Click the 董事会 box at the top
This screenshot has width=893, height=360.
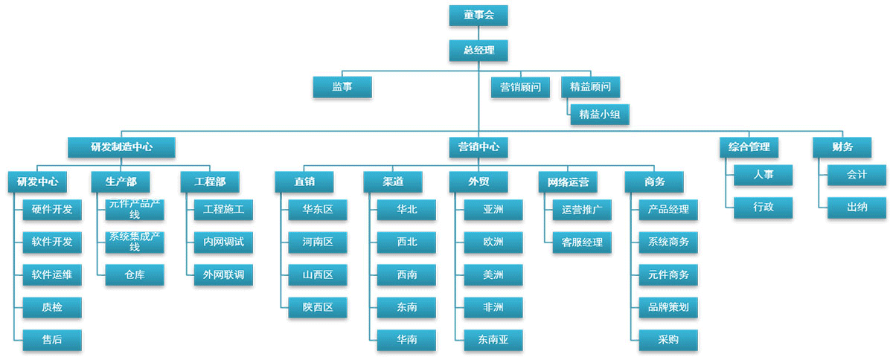(x=478, y=15)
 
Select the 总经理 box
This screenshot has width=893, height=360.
(x=478, y=51)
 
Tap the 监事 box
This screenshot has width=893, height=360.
(x=342, y=87)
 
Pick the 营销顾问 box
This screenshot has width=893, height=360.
(x=520, y=87)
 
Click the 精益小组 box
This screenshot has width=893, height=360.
(x=599, y=114)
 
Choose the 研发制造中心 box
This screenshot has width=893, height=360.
(x=121, y=147)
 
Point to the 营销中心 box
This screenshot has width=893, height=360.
(x=478, y=147)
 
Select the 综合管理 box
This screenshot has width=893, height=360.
(x=749, y=147)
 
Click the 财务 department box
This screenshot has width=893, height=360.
(x=842, y=147)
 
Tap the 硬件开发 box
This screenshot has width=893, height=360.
(x=52, y=210)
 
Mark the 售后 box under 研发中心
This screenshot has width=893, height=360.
(x=52, y=340)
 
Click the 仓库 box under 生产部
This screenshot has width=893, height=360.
(x=135, y=275)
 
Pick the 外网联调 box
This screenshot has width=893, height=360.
(x=223, y=275)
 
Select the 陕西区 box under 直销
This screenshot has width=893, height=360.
(x=318, y=307)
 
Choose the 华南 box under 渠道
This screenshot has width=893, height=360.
(x=406, y=340)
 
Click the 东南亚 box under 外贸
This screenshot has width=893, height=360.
(x=493, y=340)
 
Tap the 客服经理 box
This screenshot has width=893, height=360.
(x=582, y=242)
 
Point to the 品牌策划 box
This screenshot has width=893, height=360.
(x=668, y=307)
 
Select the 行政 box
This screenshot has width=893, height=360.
(x=763, y=208)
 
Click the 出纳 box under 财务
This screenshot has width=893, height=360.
(x=857, y=208)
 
